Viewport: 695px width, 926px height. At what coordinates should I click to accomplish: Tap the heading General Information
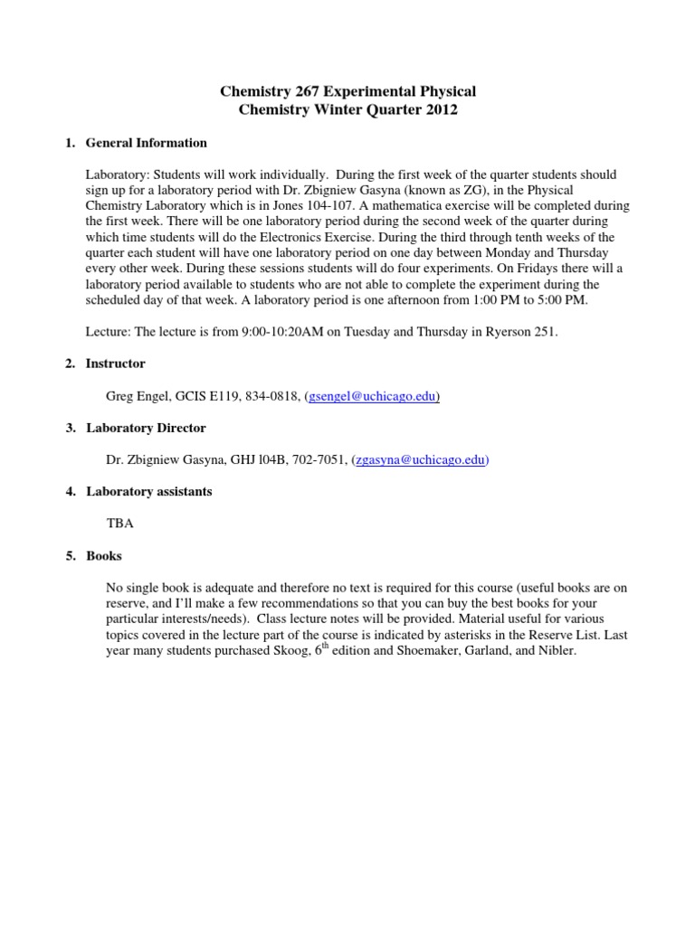point(146,143)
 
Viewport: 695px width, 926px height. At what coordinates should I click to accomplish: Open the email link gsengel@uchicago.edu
point(374,397)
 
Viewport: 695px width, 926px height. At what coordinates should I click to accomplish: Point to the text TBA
point(119,524)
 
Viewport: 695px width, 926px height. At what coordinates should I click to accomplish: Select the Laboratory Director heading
point(146,428)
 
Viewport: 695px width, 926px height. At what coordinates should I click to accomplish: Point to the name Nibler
point(554,651)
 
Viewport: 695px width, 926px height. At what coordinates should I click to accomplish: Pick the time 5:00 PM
point(532,301)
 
